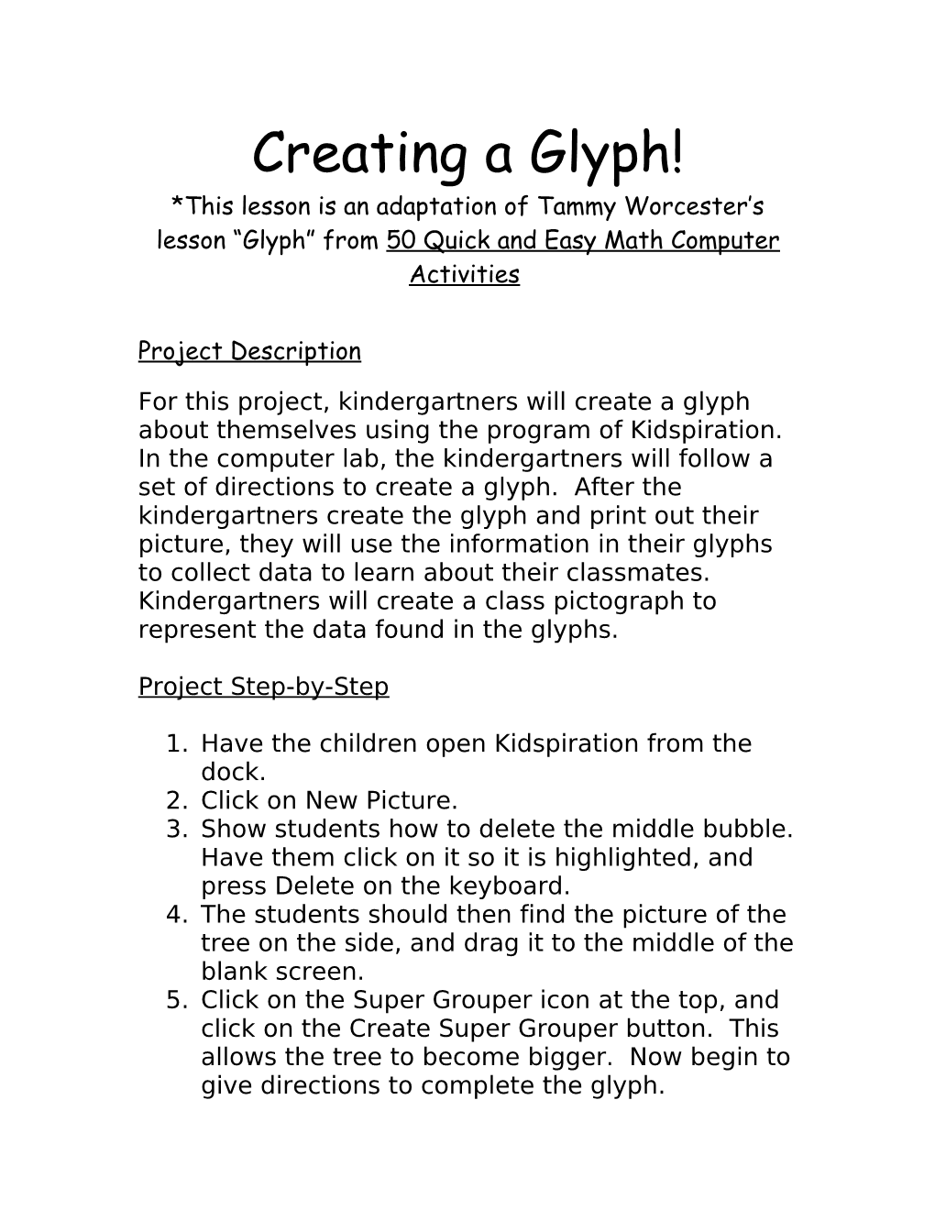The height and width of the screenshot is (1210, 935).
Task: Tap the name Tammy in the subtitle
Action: click(598, 206)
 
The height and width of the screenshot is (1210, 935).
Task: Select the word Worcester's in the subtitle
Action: click(709, 206)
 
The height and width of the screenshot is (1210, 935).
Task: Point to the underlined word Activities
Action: click(464, 274)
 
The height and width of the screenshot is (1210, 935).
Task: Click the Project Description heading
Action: click(249, 351)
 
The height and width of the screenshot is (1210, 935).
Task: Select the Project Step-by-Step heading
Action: click(263, 687)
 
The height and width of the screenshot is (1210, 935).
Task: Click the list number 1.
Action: click(176, 743)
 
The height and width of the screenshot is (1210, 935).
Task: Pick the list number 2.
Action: click(176, 800)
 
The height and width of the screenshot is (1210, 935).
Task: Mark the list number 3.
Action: click(176, 829)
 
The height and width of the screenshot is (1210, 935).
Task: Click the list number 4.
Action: click(176, 914)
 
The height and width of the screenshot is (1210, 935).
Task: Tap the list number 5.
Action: click(176, 999)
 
